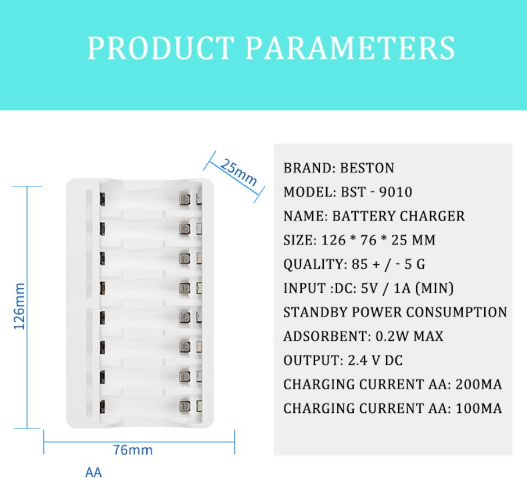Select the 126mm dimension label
click(20, 306)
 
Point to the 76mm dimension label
click(133, 450)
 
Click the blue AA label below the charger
click(93, 472)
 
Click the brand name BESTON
click(367, 168)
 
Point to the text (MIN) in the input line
click(435, 288)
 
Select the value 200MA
click(479, 385)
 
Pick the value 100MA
click(479, 409)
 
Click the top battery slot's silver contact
click(185, 199)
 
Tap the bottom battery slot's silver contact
click(185, 406)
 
